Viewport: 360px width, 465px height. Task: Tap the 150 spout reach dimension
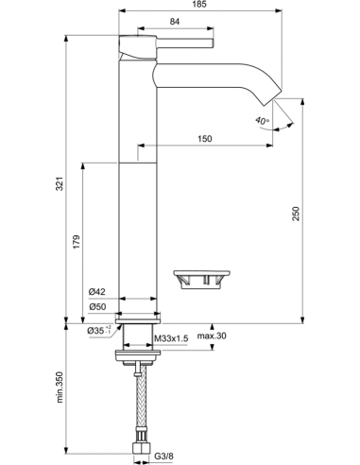click(206, 139)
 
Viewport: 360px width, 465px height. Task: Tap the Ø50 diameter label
click(95, 307)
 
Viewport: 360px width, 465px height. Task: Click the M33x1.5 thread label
click(174, 337)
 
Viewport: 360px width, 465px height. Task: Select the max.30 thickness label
click(213, 337)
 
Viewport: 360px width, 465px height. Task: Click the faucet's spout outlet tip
click(274, 101)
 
